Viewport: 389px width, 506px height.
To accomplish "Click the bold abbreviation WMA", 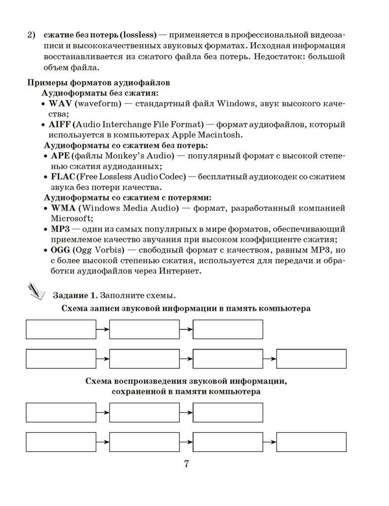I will tap(62, 208).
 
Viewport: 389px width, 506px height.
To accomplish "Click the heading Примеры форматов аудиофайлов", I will tap(98, 82).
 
